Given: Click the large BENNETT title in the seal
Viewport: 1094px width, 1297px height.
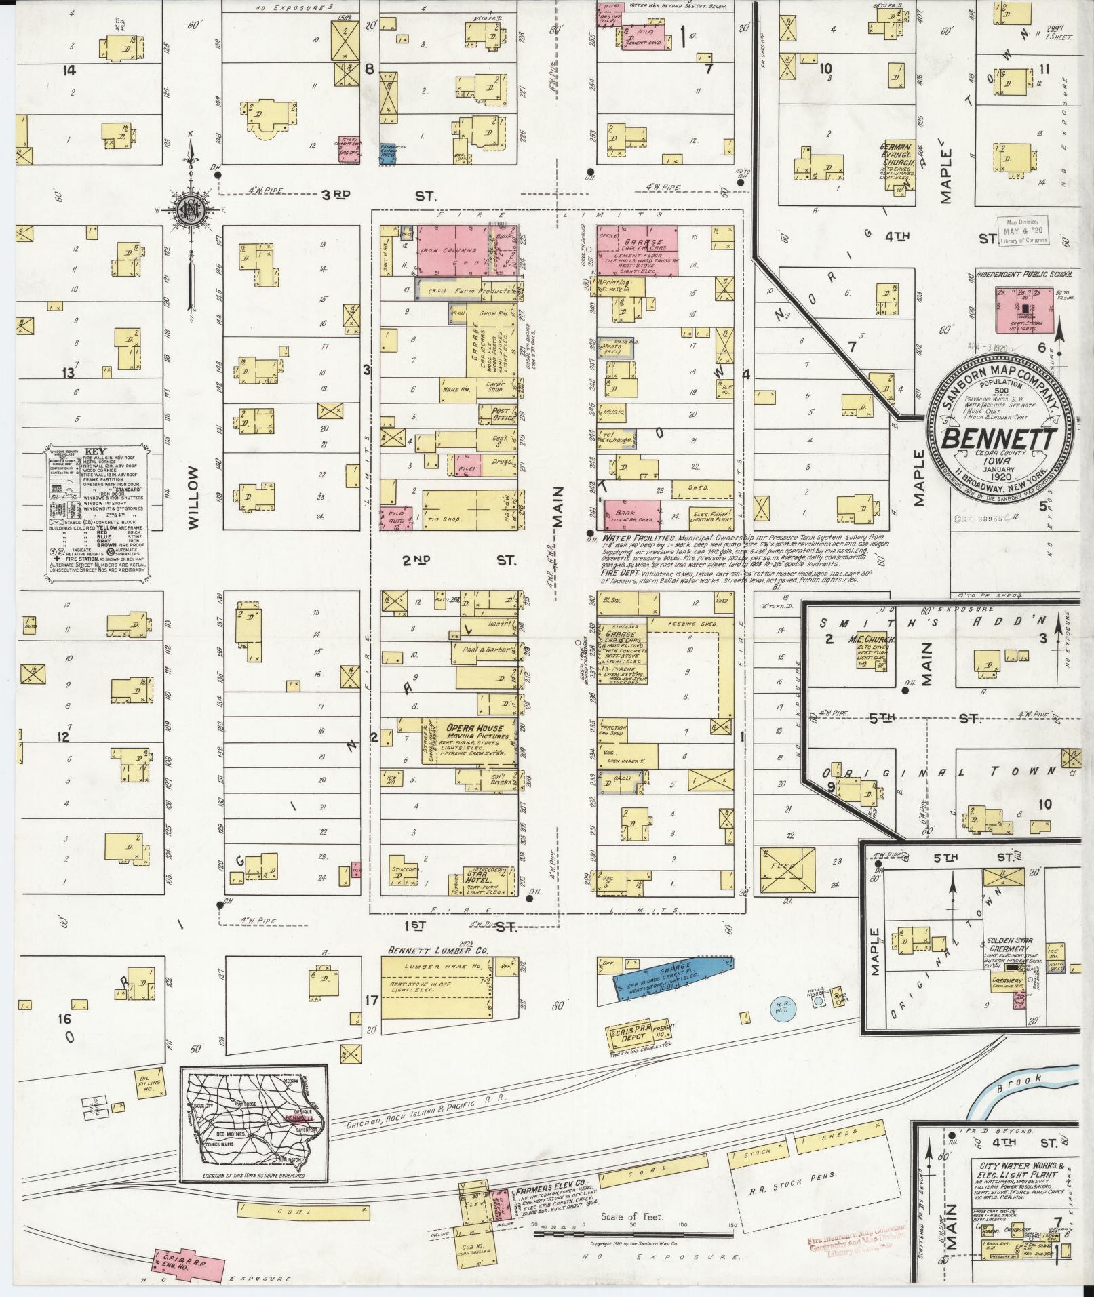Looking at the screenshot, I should pyautogui.click(x=998, y=439).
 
